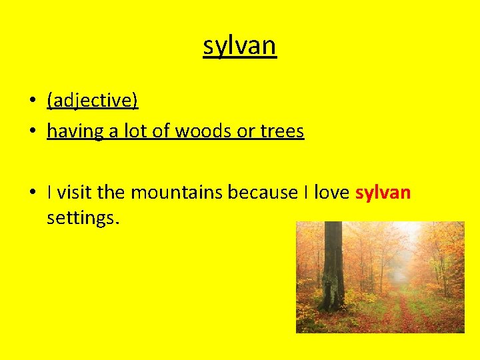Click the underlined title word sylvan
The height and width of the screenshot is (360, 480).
[239, 46]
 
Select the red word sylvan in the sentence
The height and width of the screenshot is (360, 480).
[383, 193]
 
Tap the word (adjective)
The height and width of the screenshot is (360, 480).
[92, 100]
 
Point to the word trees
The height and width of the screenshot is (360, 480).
[282, 131]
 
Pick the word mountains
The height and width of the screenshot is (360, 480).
[177, 193]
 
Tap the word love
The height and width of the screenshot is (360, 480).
[331, 193]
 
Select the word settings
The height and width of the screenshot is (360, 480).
[83, 217]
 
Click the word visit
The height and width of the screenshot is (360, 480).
[75, 193]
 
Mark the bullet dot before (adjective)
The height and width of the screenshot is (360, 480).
[32, 101]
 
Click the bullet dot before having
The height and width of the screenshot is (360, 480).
[32, 132]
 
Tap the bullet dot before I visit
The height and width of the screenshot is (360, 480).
[32, 193]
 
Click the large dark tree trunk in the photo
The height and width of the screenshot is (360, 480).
[332, 267]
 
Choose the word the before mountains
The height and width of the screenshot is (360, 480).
[112, 193]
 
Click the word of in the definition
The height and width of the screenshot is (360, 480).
[161, 131]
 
